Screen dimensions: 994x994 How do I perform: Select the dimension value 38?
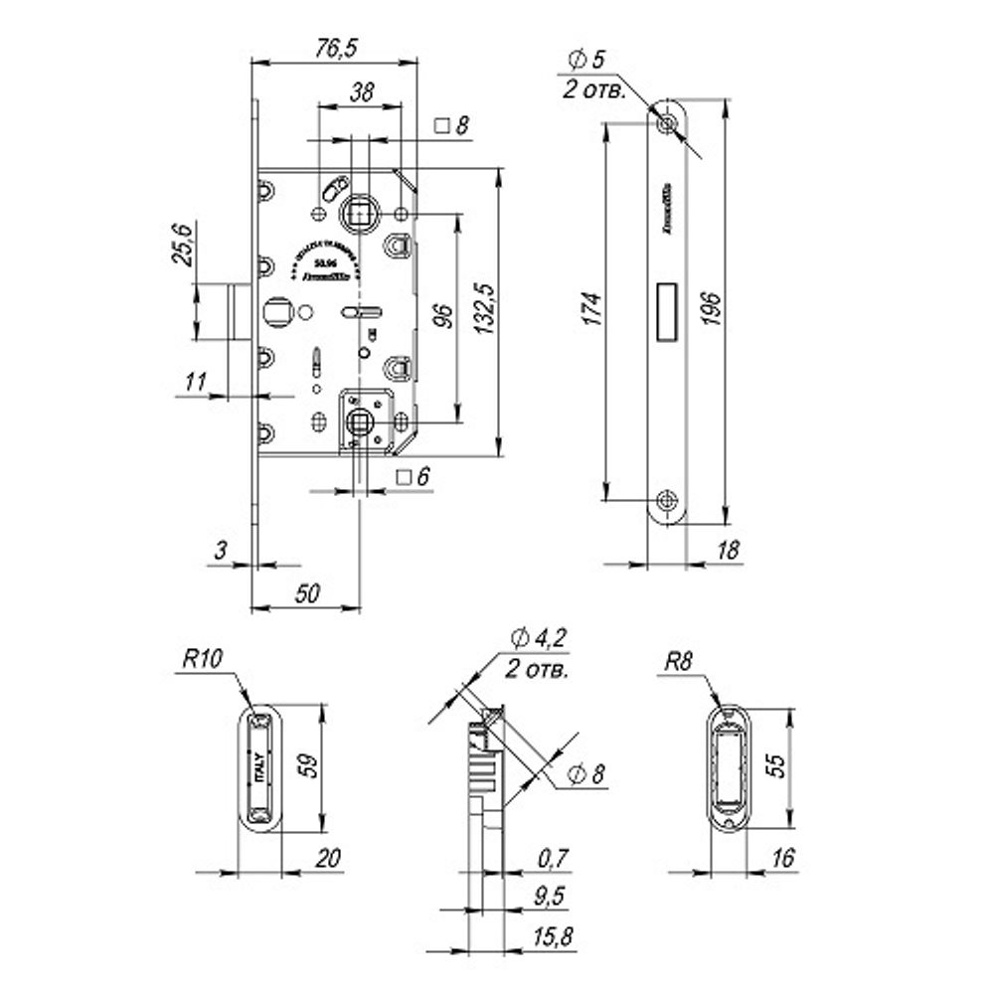point(362,92)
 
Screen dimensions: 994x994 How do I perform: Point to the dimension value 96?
point(444,316)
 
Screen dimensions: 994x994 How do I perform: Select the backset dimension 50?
point(307,593)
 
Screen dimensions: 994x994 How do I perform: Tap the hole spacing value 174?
point(589,310)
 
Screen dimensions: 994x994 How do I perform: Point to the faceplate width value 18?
point(728,551)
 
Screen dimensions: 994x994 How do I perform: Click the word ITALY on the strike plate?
point(260,770)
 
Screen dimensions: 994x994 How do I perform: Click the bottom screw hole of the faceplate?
point(667,499)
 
